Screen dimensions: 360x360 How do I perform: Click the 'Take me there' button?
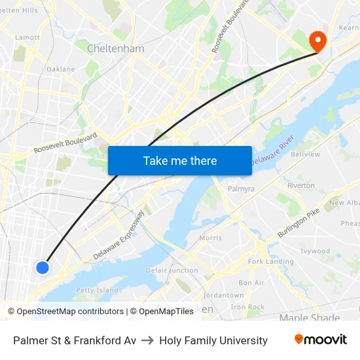point(180,161)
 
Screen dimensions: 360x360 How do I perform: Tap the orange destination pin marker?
point(317,41)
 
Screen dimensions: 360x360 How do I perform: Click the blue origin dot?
point(43,267)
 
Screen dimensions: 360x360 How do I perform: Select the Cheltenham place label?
point(116,48)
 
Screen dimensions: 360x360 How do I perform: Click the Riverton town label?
point(301,185)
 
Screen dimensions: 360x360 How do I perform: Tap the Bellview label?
point(305,154)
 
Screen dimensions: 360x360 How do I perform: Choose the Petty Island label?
point(97,290)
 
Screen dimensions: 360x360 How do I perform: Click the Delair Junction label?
point(172,270)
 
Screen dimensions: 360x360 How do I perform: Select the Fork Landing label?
point(270,262)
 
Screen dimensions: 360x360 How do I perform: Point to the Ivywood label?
point(315,251)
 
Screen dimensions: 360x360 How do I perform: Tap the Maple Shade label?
point(310,318)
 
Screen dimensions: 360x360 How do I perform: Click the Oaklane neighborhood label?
point(60,69)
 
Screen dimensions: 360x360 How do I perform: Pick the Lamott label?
point(27,37)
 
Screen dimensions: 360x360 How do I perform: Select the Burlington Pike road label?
point(298,223)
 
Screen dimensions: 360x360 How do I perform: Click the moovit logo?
point(320,340)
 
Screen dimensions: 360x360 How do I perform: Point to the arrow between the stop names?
point(147,340)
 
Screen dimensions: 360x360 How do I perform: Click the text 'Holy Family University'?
point(213,340)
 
